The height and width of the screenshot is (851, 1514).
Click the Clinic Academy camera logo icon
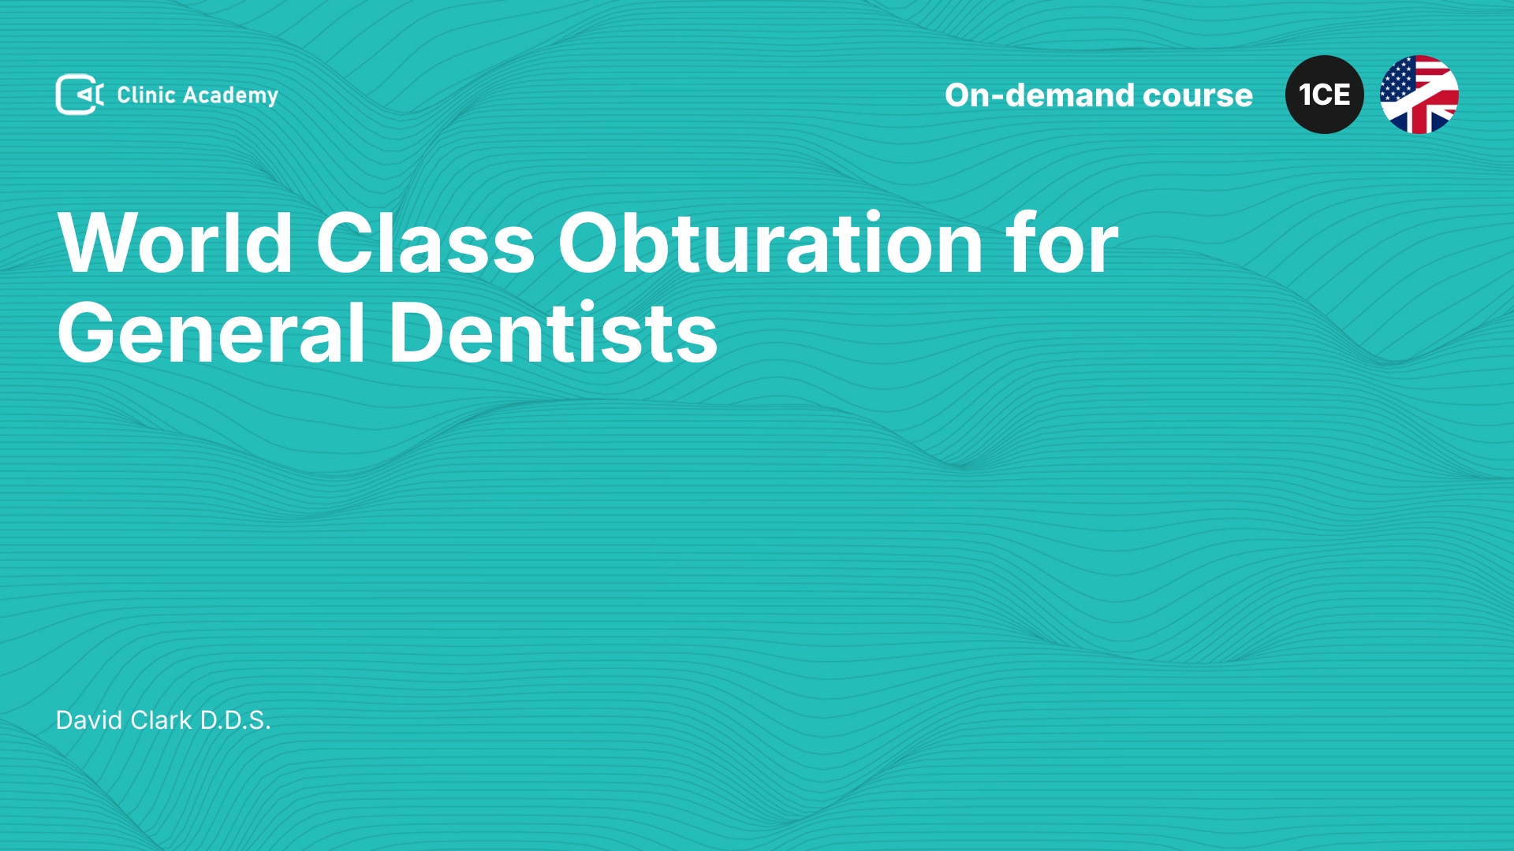click(x=80, y=95)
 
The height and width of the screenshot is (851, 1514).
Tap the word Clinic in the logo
click(x=146, y=95)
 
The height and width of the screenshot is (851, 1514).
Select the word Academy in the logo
click(x=230, y=96)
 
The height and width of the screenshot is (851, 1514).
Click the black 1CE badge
click(x=1325, y=95)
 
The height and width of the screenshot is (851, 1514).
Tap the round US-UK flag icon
click(x=1419, y=95)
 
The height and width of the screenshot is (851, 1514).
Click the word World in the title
click(x=175, y=243)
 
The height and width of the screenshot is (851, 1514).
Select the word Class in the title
click(x=426, y=243)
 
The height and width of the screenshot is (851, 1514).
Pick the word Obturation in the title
click(x=770, y=243)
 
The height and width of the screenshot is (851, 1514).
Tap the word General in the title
click(x=211, y=333)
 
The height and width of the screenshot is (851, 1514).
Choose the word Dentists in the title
click(x=553, y=333)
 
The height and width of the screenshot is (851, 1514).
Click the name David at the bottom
click(x=89, y=720)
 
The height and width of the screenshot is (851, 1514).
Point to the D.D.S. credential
click(x=235, y=720)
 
